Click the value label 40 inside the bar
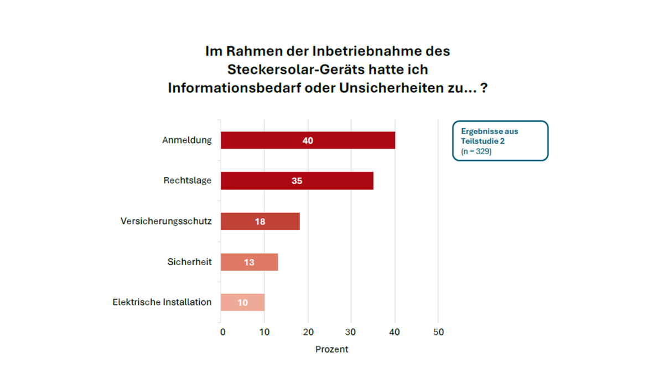coord(308,140)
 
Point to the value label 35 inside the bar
coord(297,181)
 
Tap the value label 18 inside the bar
coord(260,222)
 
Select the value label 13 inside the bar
coord(250,262)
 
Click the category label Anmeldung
coord(187,140)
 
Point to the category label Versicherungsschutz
coord(166,221)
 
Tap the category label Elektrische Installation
coord(162,302)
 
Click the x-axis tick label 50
coord(438,332)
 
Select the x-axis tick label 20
coord(308,332)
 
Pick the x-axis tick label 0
coord(222,332)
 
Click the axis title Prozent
coord(332,349)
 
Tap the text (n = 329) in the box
coord(476,151)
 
